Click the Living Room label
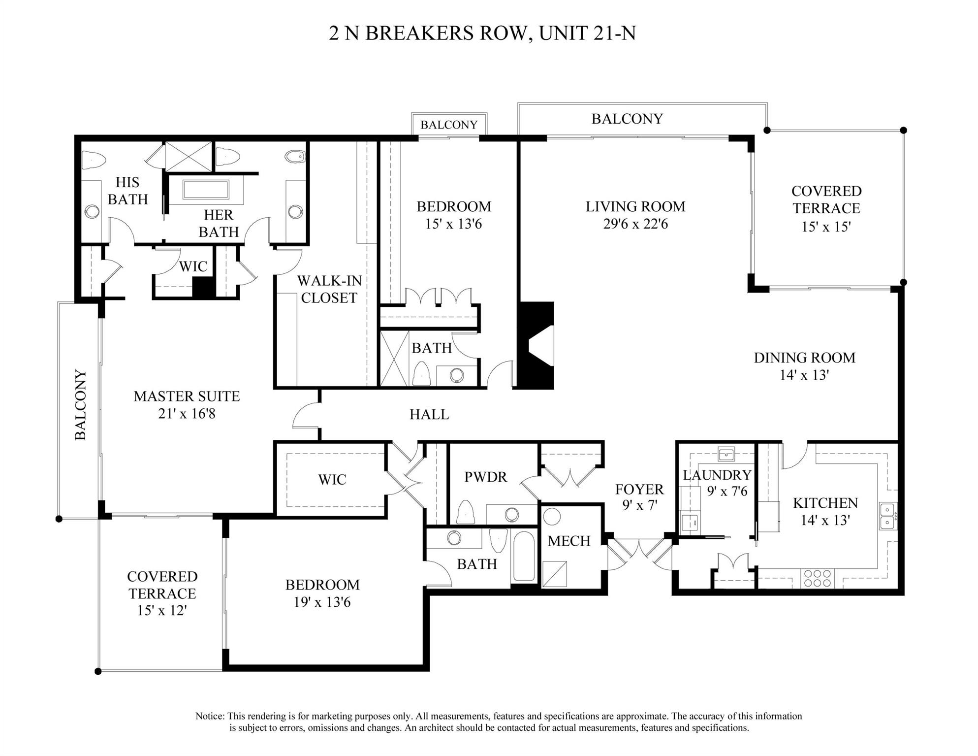(x=635, y=206)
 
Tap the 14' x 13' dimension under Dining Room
(x=804, y=375)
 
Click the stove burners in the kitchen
(x=817, y=578)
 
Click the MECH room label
(x=568, y=541)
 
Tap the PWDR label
(x=485, y=477)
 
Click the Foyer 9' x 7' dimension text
(x=639, y=505)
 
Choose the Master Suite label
(x=187, y=396)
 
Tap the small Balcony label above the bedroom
(x=448, y=125)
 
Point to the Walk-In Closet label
(x=329, y=289)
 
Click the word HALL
(x=429, y=415)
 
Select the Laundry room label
(x=717, y=475)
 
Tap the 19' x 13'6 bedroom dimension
(x=322, y=602)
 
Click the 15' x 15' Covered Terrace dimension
(x=826, y=227)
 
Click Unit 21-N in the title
(x=587, y=33)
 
